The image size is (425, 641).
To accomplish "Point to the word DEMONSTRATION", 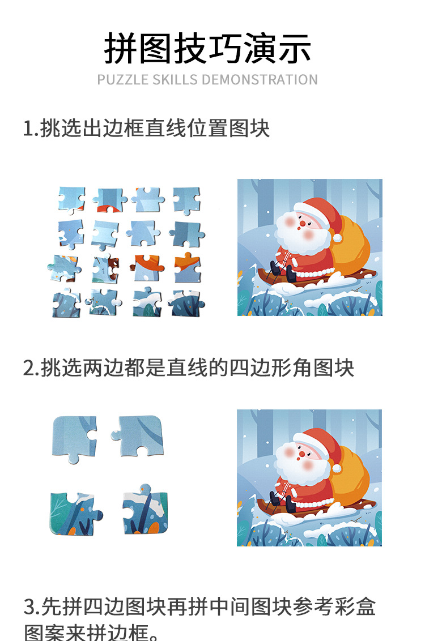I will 260,79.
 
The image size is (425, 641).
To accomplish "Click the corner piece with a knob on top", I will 144,510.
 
